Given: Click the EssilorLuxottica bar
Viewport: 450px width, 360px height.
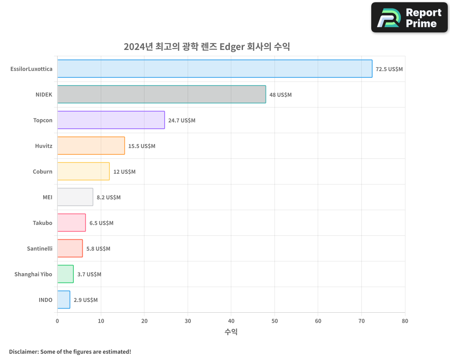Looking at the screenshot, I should pyautogui.click(x=215, y=69).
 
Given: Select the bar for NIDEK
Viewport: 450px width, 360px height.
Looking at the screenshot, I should pyautogui.click(x=162, y=94).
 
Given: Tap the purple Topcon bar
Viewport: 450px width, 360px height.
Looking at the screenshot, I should pyautogui.click(x=111, y=120).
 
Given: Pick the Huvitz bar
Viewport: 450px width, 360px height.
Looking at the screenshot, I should pyautogui.click(x=91, y=146).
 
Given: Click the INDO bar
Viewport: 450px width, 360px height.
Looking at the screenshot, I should pyautogui.click(x=63, y=300).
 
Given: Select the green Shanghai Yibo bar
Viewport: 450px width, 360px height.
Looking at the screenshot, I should pyautogui.click(x=65, y=274).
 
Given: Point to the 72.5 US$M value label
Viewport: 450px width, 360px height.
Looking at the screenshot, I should pyautogui.click(x=389, y=69).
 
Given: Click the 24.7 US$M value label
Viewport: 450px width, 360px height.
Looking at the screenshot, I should pyautogui.click(x=182, y=121).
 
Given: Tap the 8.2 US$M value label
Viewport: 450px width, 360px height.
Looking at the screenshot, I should pyautogui.click(x=108, y=198).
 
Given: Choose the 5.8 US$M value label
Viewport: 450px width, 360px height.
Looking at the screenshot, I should pyautogui.click(x=98, y=249).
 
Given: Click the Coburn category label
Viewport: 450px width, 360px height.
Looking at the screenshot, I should pyautogui.click(x=42, y=171).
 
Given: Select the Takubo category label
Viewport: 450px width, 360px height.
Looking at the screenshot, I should pyautogui.click(x=42, y=223).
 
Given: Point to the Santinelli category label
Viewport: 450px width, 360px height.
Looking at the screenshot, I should pyautogui.click(x=40, y=248).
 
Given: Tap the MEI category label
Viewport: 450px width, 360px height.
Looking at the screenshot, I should pyautogui.click(x=47, y=197).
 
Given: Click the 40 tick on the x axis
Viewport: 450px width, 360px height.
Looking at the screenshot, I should pyautogui.click(x=231, y=321).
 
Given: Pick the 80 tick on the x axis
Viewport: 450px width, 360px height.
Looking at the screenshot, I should pyautogui.click(x=405, y=321).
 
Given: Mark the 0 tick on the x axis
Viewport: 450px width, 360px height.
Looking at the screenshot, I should pyautogui.click(x=57, y=321).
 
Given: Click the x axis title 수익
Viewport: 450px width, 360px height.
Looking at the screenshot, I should pyautogui.click(x=231, y=332).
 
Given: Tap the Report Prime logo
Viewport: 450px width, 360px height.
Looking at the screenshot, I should pyautogui.click(x=409, y=18).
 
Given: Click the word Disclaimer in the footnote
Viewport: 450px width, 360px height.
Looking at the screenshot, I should pyautogui.click(x=23, y=351).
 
